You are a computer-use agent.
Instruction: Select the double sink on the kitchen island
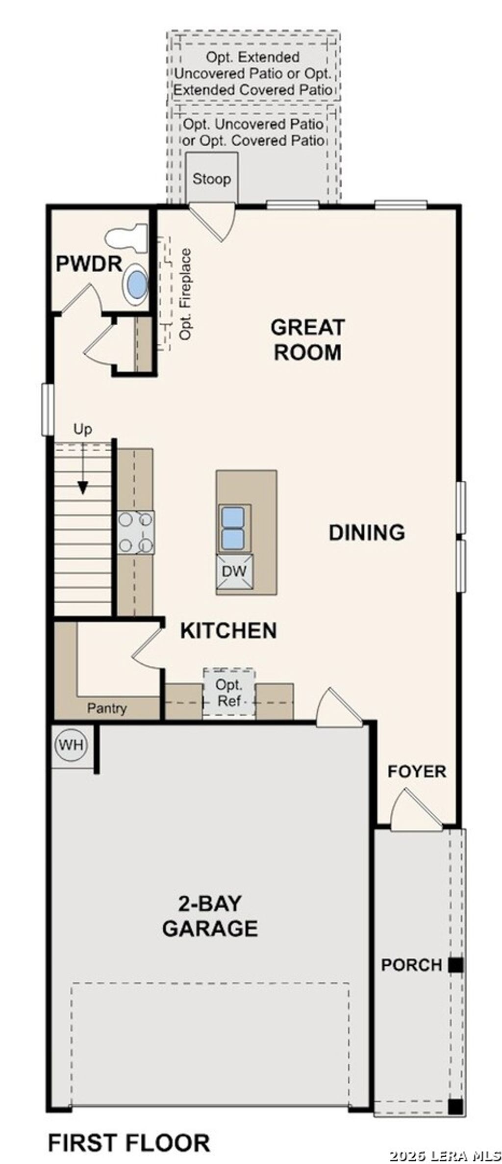232,528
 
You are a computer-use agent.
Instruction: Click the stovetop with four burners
136,532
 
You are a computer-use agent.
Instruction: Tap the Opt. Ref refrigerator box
229,693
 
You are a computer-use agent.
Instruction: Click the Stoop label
211,179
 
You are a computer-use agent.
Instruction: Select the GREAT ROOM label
308,339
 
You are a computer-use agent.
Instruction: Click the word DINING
367,533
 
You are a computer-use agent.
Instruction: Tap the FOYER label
417,772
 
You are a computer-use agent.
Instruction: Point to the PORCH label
411,965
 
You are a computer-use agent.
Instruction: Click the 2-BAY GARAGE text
210,916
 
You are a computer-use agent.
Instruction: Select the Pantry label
107,708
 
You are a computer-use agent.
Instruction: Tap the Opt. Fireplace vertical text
186,294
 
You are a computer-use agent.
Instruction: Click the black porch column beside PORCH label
456,965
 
